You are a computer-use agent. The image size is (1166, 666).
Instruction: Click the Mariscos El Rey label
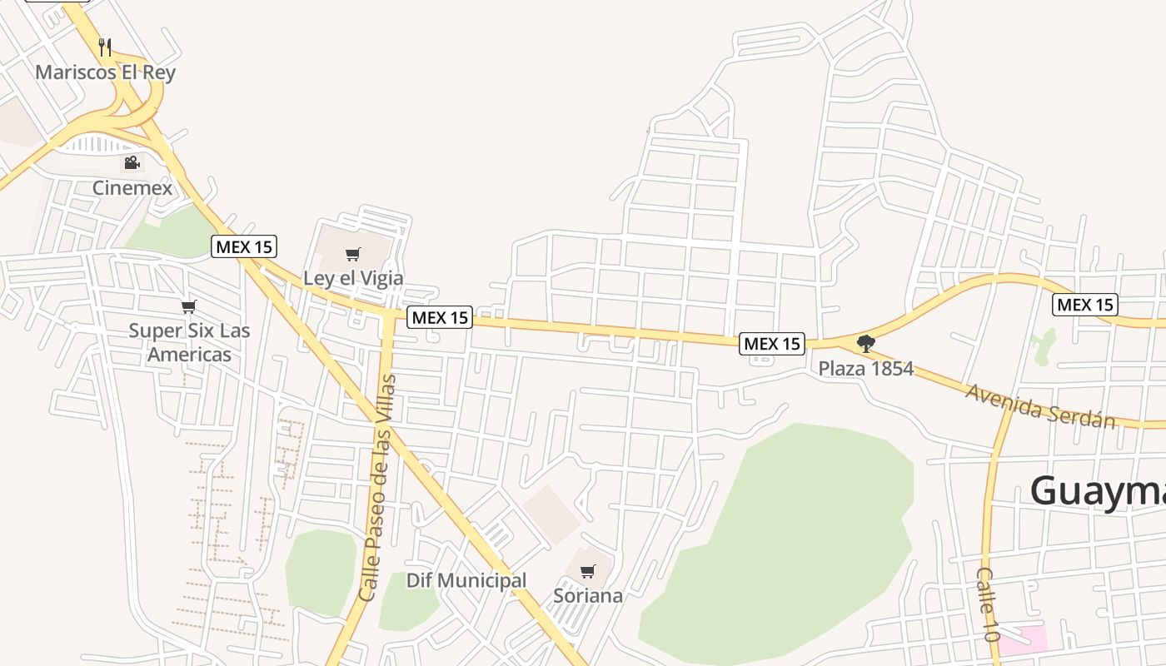pyautogui.click(x=105, y=72)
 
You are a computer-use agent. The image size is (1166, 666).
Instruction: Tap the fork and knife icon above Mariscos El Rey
pyautogui.click(x=105, y=47)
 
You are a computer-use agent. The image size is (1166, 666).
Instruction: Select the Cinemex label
pyautogui.click(x=132, y=187)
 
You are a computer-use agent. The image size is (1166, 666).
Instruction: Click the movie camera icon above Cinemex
pyautogui.click(x=132, y=162)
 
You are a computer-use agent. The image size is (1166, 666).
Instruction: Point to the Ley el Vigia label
pyautogui.click(x=353, y=278)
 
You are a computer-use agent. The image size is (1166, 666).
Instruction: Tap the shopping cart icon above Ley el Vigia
pyautogui.click(x=353, y=254)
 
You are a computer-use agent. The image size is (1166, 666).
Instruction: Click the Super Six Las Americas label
pyautogui.click(x=189, y=342)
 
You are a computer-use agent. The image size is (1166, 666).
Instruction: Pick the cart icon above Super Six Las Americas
pyautogui.click(x=189, y=306)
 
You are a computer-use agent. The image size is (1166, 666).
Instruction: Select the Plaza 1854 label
pyautogui.click(x=866, y=368)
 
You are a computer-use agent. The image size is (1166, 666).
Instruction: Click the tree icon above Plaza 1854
pyautogui.click(x=866, y=343)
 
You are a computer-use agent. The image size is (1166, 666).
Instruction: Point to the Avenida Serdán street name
pyautogui.click(x=1040, y=405)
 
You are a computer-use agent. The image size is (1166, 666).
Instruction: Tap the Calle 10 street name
pyautogui.click(x=988, y=604)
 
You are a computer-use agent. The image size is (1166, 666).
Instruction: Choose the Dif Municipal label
pyautogui.click(x=466, y=580)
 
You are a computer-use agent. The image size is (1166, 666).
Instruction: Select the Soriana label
pyautogui.click(x=588, y=596)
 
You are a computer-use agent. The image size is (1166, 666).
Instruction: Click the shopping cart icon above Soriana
pyautogui.click(x=588, y=572)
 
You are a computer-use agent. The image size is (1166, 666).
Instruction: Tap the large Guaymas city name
pyautogui.click(x=1098, y=490)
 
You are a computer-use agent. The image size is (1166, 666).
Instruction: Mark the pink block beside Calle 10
pyautogui.click(x=1023, y=639)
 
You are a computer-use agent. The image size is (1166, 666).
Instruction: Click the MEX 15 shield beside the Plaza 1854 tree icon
pyautogui.click(x=772, y=343)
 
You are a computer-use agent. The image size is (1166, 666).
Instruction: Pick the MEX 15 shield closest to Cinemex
pyautogui.click(x=244, y=246)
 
